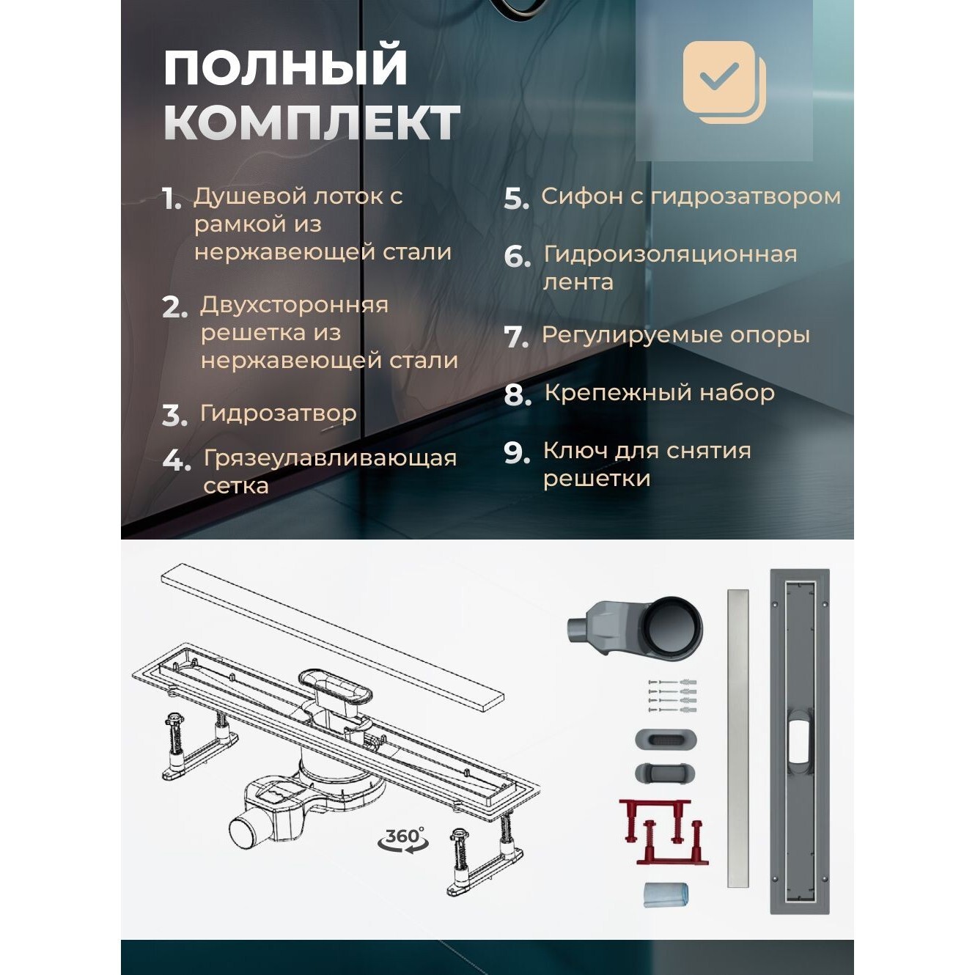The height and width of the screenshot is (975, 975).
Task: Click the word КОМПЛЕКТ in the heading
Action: (x=312, y=122)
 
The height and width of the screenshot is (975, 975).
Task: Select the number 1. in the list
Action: (x=172, y=199)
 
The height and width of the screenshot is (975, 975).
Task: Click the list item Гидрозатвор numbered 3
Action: (x=278, y=413)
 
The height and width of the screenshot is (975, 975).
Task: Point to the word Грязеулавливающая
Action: (x=330, y=458)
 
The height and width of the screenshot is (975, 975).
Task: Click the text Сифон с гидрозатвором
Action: (x=691, y=196)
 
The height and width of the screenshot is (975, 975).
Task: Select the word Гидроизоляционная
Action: (x=670, y=254)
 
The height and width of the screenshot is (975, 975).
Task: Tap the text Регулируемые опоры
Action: (x=675, y=335)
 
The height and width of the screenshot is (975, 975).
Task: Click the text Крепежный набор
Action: (x=659, y=393)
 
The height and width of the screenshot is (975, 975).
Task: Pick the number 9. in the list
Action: (x=517, y=453)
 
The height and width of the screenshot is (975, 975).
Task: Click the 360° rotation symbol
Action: (x=403, y=839)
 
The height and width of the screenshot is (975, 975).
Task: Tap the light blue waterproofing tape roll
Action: (x=666, y=895)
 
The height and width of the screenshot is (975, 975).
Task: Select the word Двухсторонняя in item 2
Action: (x=294, y=305)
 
